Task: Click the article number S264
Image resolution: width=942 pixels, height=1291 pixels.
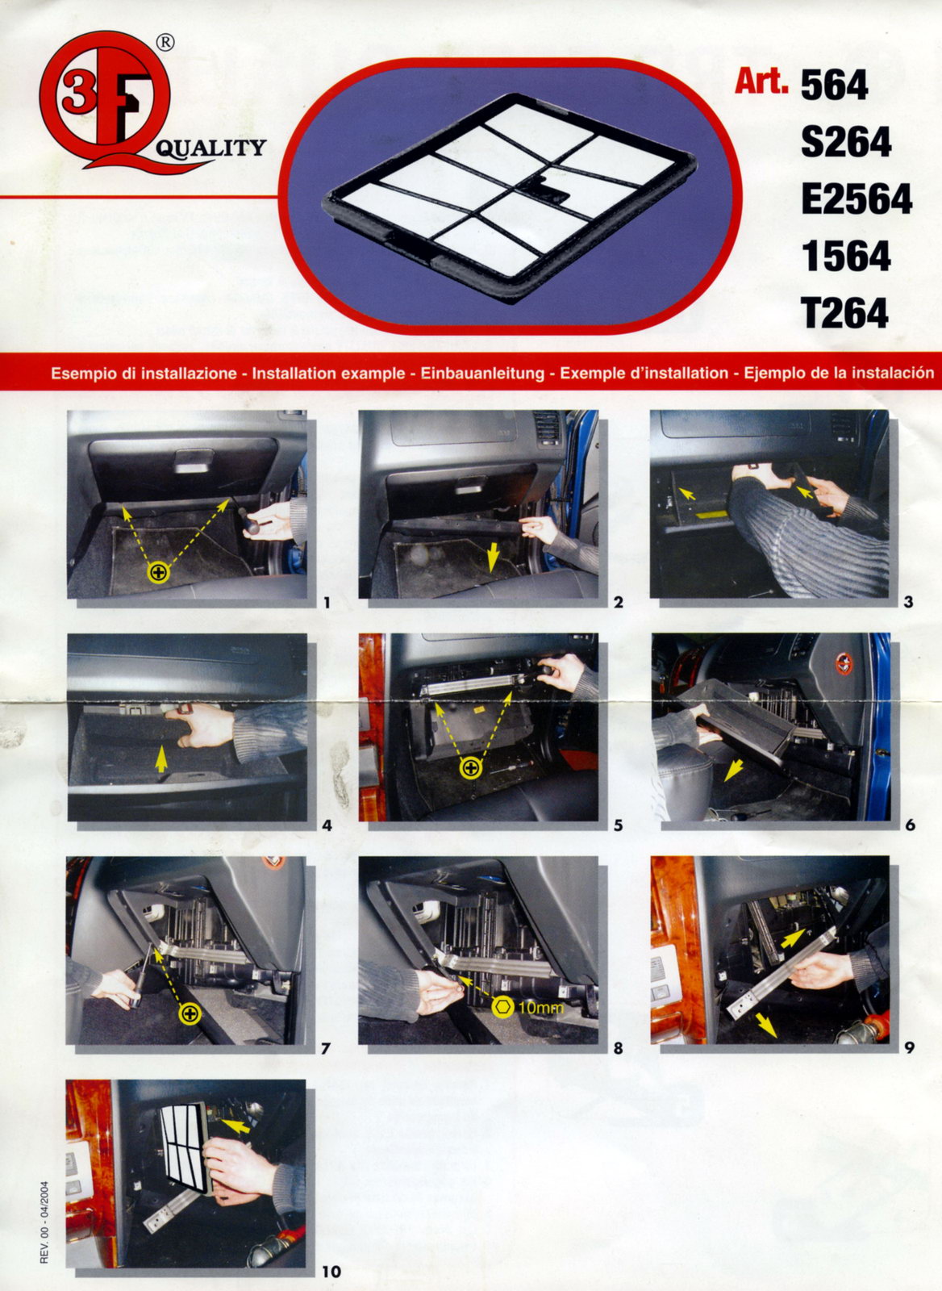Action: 846,142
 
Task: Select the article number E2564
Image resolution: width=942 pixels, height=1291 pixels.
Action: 857,198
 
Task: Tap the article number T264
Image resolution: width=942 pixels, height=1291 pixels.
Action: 844,313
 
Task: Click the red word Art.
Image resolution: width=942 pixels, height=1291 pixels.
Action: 761,81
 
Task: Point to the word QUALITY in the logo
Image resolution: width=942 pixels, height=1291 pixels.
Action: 210,148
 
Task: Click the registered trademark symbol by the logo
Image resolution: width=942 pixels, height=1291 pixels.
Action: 165,43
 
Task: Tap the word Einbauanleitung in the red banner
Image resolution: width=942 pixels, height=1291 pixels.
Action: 483,374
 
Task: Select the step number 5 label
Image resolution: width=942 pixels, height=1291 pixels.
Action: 619,826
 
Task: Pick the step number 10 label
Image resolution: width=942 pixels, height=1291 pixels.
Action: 331,1271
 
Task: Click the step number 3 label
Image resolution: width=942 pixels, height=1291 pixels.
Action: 909,603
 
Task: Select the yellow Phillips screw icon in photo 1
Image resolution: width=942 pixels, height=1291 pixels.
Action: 159,572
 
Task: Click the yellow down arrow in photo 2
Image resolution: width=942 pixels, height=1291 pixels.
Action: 493,558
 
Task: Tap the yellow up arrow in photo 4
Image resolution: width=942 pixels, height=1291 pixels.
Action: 161,758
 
